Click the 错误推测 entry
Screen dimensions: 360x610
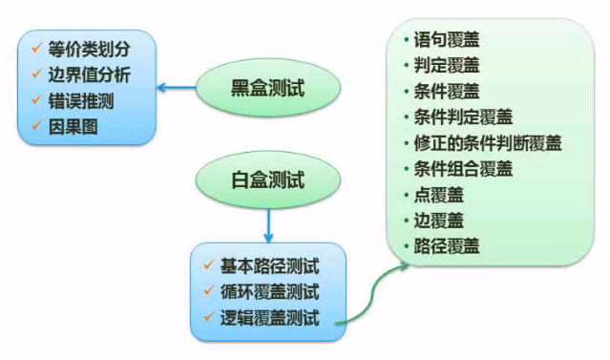[x=82, y=99]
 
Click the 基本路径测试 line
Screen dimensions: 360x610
[x=269, y=265]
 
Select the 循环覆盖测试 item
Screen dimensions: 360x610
[x=269, y=290]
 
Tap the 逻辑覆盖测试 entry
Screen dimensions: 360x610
[x=269, y=317]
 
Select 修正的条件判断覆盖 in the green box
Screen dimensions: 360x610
[x=488, y=143]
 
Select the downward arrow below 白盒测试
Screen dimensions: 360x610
[x=268, y=223]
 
